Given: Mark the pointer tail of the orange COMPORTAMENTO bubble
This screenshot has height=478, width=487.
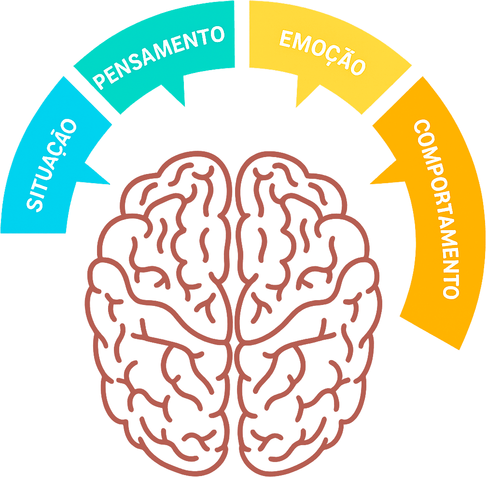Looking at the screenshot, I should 384,176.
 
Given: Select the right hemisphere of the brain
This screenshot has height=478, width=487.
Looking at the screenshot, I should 309,314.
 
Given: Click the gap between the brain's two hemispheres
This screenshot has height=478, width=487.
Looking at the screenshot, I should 233,314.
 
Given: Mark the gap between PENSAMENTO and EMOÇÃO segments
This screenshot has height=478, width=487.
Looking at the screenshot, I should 242,34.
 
